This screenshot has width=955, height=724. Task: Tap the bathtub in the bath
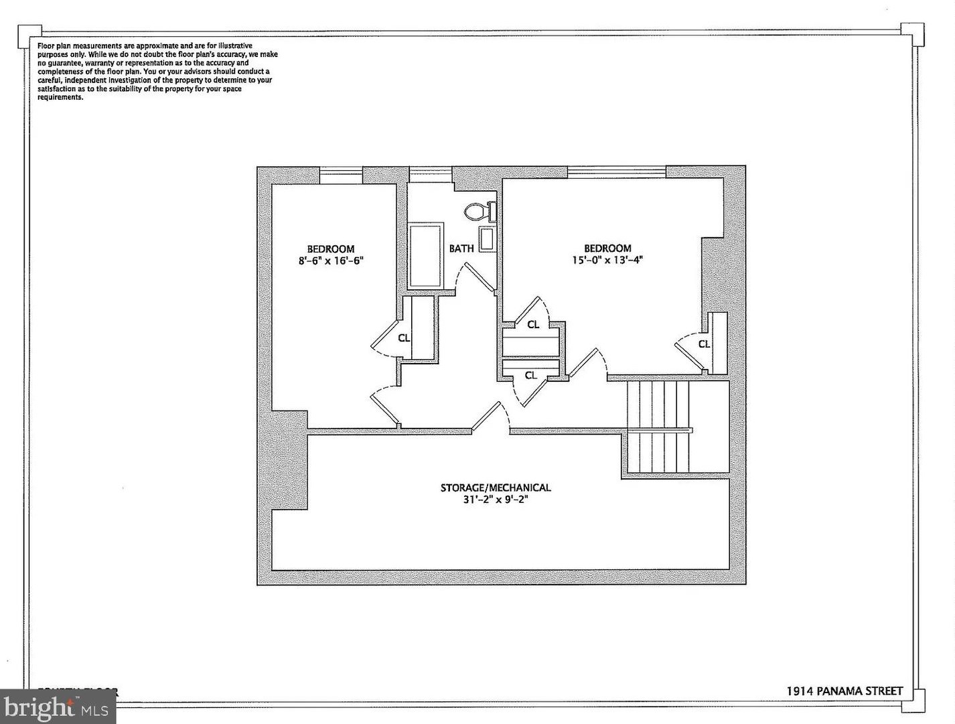[425, 257]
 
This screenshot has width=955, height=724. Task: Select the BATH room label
[461, 248]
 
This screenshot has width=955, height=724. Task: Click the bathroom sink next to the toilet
[488, 240]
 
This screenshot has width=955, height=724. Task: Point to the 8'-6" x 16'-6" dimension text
[331, 261]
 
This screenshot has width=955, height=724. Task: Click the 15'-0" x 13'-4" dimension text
[607, 261]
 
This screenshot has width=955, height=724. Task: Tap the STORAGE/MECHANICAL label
[495, 488]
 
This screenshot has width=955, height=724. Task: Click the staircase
[658, 427]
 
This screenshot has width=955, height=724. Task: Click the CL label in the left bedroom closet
[404, 338]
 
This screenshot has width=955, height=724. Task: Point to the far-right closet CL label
[704, 344]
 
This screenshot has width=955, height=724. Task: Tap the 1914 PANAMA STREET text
[844, 691]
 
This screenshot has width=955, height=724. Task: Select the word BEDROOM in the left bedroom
[331, 249]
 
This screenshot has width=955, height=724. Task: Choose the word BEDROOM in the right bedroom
[607, 248]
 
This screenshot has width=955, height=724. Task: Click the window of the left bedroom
[341, 175]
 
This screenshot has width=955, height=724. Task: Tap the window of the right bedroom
[616, 172]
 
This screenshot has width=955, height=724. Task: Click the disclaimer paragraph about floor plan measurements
[157, 71]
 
